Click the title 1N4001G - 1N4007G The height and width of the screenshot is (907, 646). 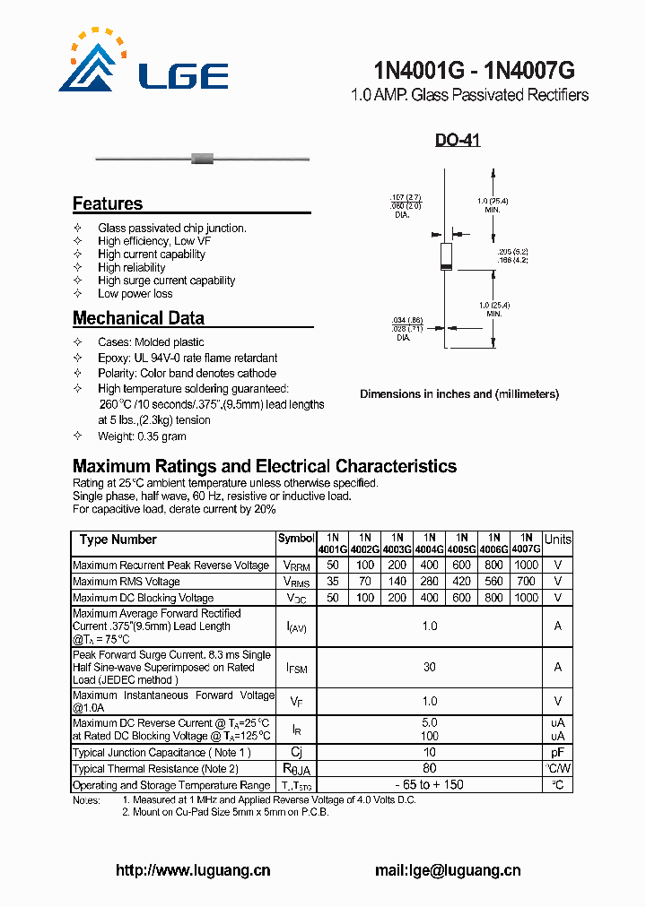point(474,71)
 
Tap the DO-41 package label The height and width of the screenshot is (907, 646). point(458,141)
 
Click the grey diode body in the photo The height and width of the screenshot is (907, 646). point(203,160)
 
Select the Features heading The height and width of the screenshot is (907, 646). point(108,203)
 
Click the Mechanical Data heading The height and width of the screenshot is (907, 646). point(138,318)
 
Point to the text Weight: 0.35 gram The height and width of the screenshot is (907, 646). point(142,436)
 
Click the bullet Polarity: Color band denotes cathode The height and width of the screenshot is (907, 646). point(187,373)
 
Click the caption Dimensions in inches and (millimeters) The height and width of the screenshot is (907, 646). point(458,394)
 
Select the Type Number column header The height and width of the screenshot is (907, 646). point(118,540)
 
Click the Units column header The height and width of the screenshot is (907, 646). point(557,540)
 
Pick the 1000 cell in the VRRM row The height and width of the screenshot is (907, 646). point(527,566)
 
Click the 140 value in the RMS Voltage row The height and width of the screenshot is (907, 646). point(397,582)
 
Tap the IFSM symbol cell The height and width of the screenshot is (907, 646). point(296,668)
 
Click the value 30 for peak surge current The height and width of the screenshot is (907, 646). point(430,668)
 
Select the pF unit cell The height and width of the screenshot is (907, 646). point(557,753)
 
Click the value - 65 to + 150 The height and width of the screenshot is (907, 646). point(430,785)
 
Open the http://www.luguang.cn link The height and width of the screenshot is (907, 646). point(194,870)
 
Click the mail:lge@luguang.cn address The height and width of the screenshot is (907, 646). point(447,870)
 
